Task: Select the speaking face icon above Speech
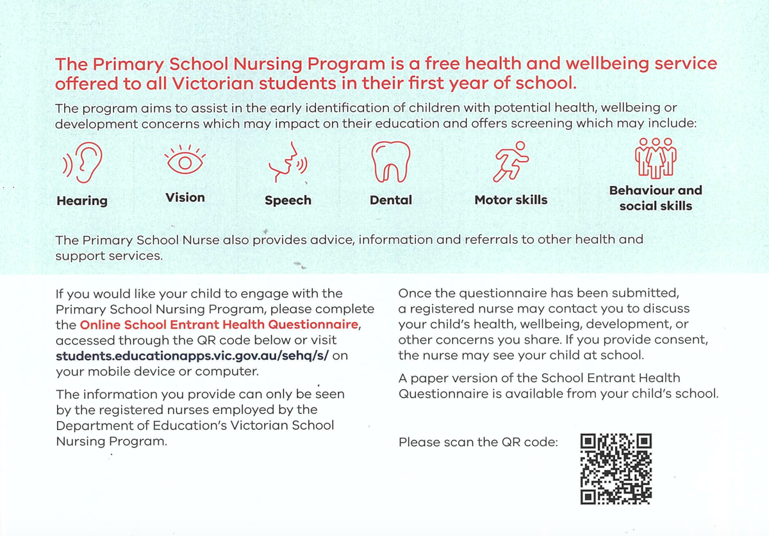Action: (x=288, y=164)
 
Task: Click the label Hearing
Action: (x=82, y=201)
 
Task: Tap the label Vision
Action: (x=185, y=197)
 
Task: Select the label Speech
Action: (x=288, y=200)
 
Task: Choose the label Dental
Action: (x=391, y=200)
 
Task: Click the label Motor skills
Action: (x=511, y=200)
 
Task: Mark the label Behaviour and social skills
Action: (x=656, y=198)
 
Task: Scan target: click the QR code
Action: (x=616, y=469)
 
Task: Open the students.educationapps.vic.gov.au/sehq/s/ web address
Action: (x=193, y=356)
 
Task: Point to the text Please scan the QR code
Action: (x=478, y=442)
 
